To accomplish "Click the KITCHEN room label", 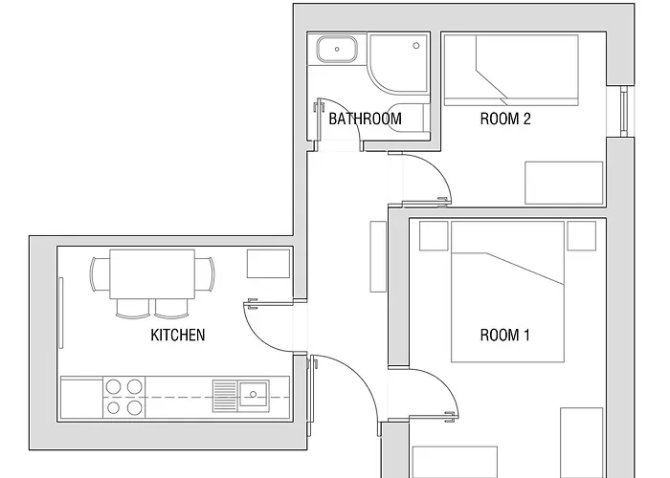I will [178, 335].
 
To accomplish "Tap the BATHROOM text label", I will [365, 119].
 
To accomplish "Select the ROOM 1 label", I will [504, 335].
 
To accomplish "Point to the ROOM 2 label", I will [504, 119].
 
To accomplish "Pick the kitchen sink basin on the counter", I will [255, 391].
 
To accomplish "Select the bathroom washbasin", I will [337, 50].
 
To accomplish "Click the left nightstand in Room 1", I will [434, 235].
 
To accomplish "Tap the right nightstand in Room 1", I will [581, 235].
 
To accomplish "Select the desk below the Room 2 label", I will [564, 182].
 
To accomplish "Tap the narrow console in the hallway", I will [376, 256].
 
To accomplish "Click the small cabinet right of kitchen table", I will [268, 263].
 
